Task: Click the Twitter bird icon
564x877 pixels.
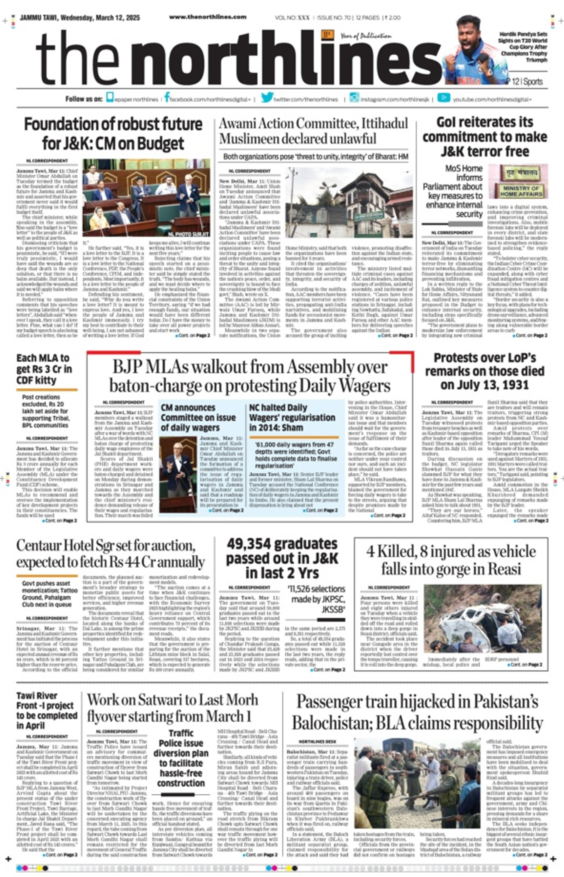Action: point(267,98)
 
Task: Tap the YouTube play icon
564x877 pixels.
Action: point(443,98)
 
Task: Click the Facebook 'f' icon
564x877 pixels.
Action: point(167,98)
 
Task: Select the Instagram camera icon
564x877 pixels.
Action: point(354,98)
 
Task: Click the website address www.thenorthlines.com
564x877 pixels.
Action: point(208,17)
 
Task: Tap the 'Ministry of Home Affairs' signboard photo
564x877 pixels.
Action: point(518,182)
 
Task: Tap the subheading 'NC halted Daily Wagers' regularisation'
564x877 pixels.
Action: point(292,417)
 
